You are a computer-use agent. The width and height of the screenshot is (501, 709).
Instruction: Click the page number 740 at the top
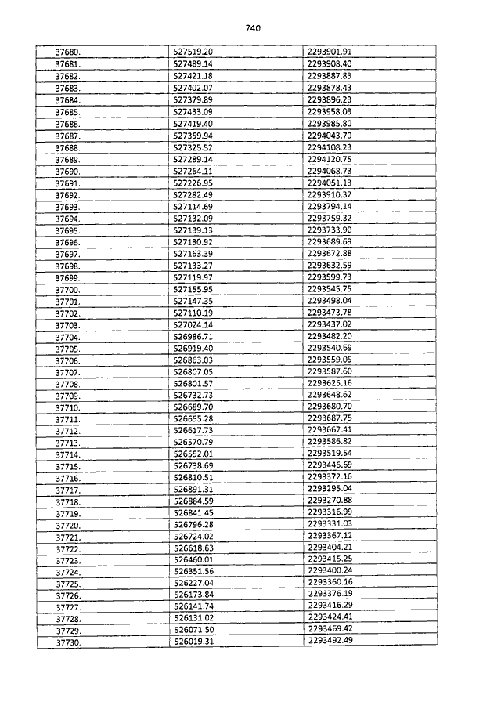(x=252, y=28)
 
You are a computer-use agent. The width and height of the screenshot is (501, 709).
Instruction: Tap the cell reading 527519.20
(x=193, y=51)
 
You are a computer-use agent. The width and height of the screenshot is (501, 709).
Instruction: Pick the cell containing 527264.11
(x=193, y=171)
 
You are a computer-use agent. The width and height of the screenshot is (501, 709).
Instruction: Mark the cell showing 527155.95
(x=193, y=289)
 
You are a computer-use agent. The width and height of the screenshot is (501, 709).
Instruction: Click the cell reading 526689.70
(x=193, y=407)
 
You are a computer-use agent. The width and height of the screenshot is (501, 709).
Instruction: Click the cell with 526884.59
(x=193, y=501)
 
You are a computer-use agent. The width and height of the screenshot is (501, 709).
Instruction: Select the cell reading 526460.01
(x=193, y=559)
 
